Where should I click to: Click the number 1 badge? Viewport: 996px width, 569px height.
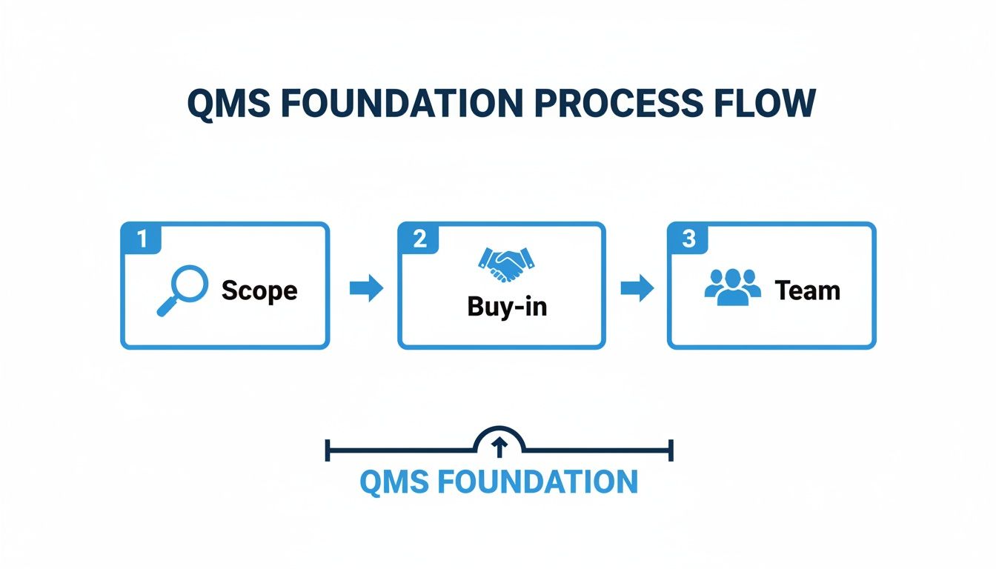142,239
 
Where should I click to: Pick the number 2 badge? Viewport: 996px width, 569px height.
419,239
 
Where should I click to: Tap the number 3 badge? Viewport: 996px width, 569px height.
688,239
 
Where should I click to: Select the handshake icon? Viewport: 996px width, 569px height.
507,263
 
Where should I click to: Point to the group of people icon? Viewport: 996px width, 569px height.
731,286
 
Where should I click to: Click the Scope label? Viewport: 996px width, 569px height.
259,290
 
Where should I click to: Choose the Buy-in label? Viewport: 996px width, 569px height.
507,306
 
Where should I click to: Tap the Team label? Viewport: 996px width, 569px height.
807,290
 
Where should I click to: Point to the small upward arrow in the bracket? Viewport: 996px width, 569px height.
499,445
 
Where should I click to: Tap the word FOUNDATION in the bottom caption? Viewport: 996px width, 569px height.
537,482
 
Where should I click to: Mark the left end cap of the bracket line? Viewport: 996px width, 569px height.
327,450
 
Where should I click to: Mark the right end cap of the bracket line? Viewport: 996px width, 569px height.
671,450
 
